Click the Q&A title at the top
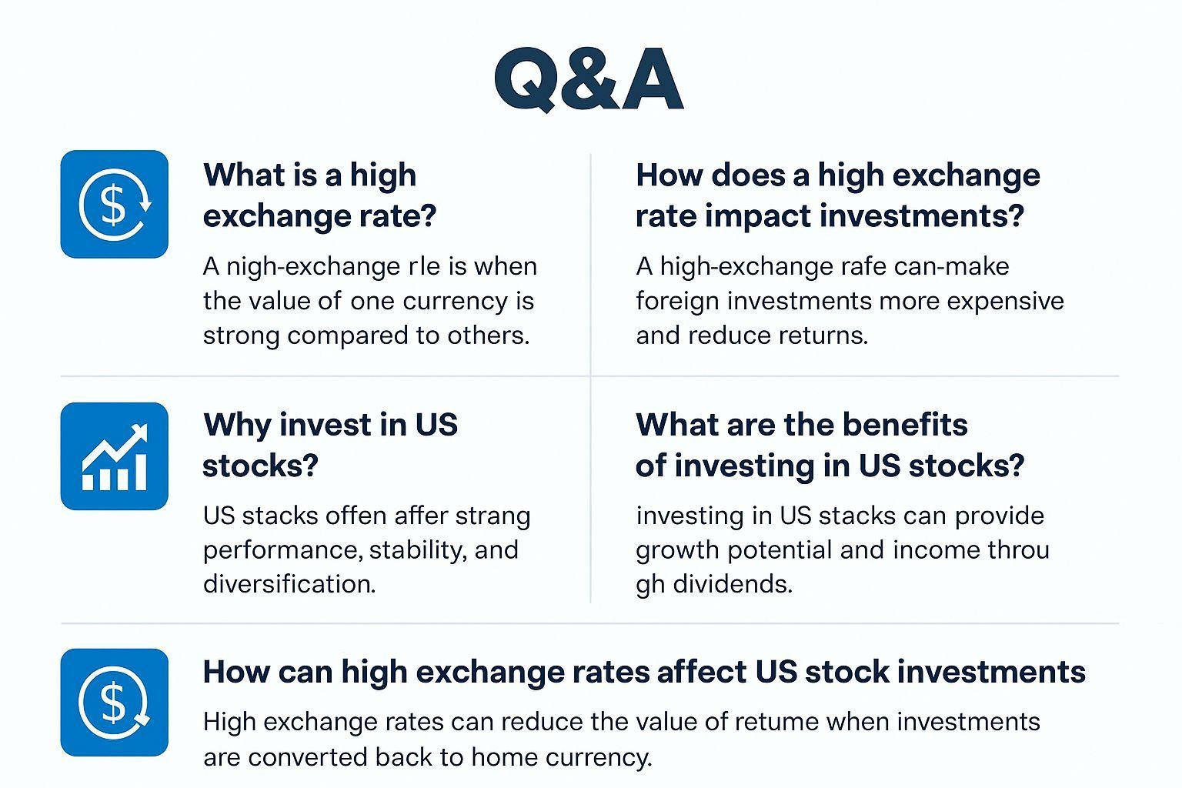[x=589, y=79]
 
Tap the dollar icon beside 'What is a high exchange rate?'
[x=114, y=204]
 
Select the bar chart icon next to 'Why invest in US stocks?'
[x=114, y=456]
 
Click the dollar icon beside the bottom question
[x=114, y=702]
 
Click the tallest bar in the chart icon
[x=140, y=470]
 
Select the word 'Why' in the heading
[x=235, y=425]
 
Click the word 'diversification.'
[x=289, y=584]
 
